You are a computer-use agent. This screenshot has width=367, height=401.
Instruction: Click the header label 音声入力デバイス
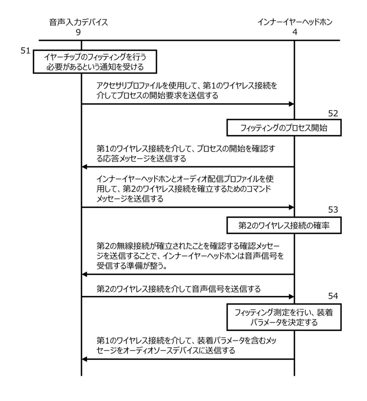[78, 22]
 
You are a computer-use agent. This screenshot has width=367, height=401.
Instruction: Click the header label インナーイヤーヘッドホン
[295, 22]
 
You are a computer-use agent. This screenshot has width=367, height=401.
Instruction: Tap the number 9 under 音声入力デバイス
[78, 33]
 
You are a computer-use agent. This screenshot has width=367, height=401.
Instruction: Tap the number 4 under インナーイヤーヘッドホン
[295, 33]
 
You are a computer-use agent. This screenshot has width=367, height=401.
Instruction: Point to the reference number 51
[25, 51]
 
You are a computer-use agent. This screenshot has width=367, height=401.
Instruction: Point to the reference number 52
[333, 114]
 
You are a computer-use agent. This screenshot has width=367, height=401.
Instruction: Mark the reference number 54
[333, 296]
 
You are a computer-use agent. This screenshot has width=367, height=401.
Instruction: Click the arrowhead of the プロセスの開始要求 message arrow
[291, 104]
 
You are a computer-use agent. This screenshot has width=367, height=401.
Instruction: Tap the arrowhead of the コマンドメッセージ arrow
[291, 207]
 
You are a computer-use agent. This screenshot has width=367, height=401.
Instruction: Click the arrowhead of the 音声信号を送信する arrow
[291, 296]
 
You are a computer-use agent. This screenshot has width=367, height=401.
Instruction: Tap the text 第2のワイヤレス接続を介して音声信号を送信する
[178, 289]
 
